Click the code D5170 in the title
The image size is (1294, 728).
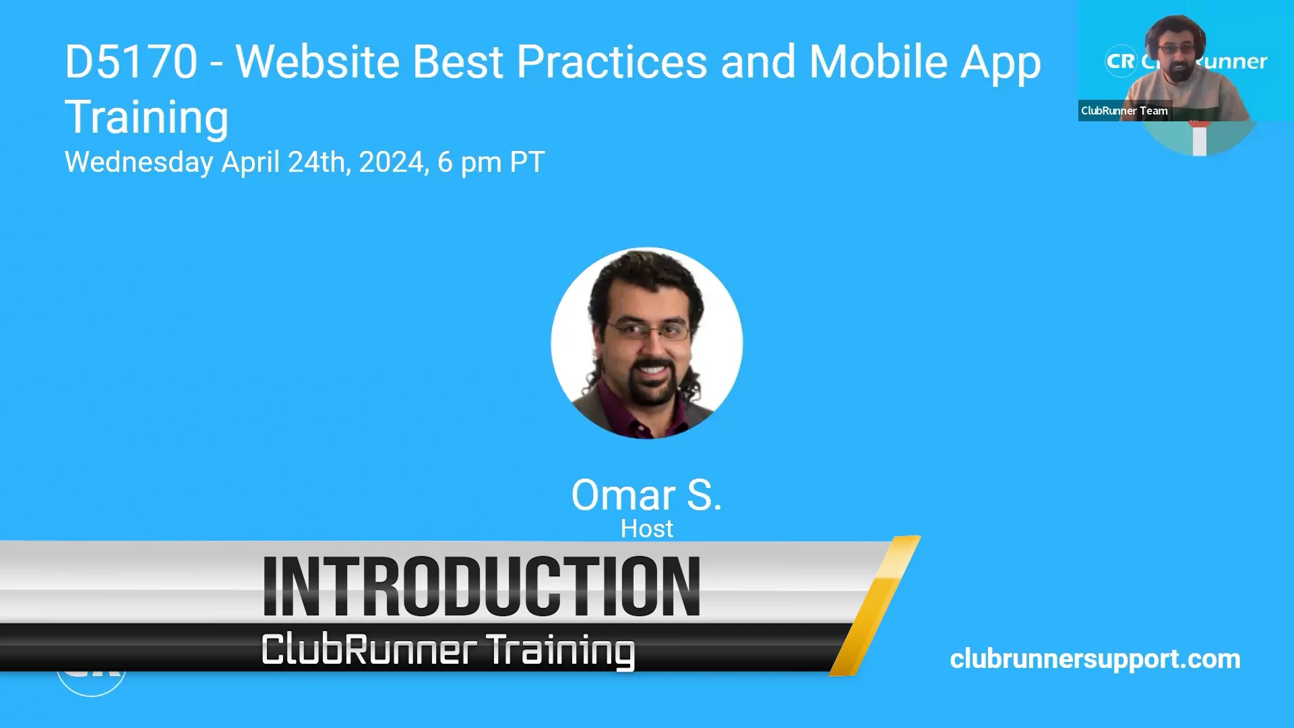click(x=131, y=62)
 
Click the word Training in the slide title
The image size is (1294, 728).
click(x=146, y=117)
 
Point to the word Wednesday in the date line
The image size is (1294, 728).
click(x=139, y=162)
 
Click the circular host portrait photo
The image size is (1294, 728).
click(x=646, y=343)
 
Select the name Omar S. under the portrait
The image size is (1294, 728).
click(x=646, y=495)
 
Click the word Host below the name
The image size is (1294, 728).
click(x=646, y=529)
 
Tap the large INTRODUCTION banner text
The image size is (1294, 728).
click(x=481, y=586)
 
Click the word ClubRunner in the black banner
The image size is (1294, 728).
click(x=369, y=649)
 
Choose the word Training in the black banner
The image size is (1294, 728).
click(x=560, y=650)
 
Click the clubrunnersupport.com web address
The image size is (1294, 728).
click(x=1095, y=659)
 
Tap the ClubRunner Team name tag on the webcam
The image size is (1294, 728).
click(x=1124, y=111)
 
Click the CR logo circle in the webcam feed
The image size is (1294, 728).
click(x=1121, y=61)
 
